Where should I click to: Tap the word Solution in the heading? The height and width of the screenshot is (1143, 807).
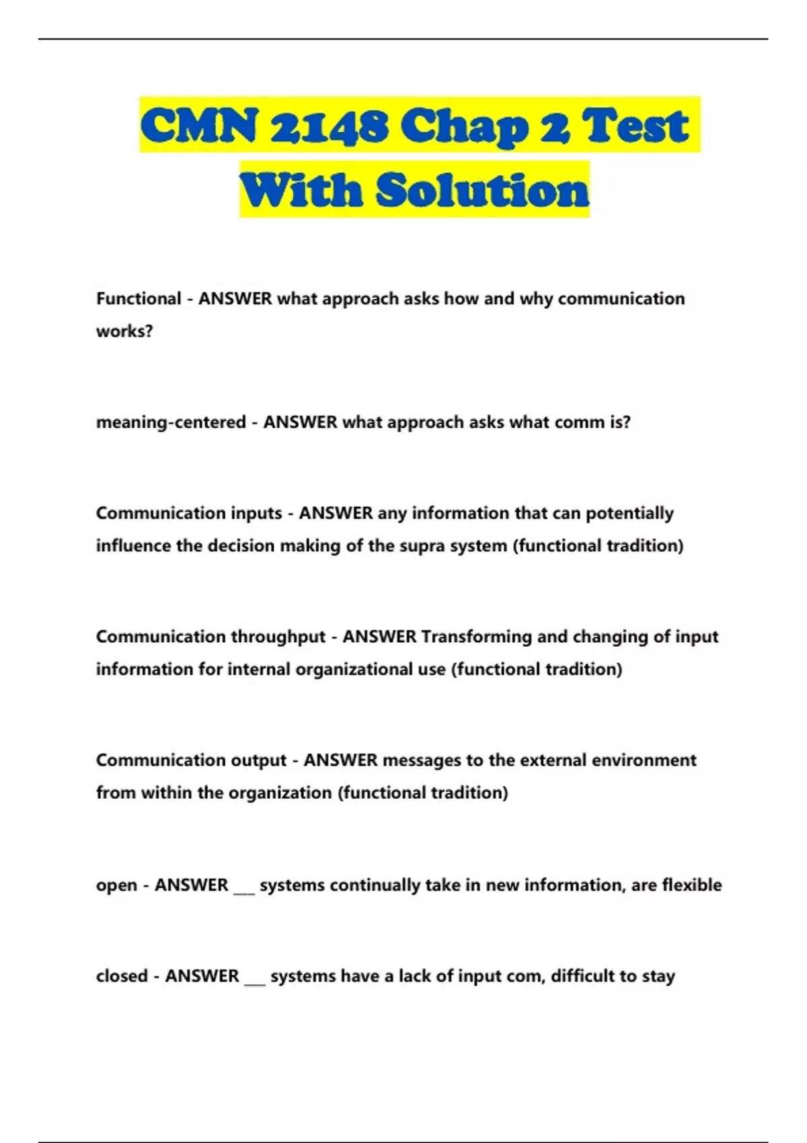(482, 190)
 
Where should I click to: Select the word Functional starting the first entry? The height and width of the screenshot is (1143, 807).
(139, 299)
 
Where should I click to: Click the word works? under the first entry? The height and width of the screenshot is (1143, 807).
(124, 331)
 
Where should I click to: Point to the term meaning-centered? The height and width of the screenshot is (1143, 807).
(171, 422)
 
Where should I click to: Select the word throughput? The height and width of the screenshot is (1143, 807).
(278, 637)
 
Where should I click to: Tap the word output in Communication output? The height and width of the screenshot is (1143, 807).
(258, 760)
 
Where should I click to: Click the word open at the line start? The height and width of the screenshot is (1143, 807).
(116, 885)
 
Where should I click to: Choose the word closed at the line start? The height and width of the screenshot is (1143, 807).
(122, 976)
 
